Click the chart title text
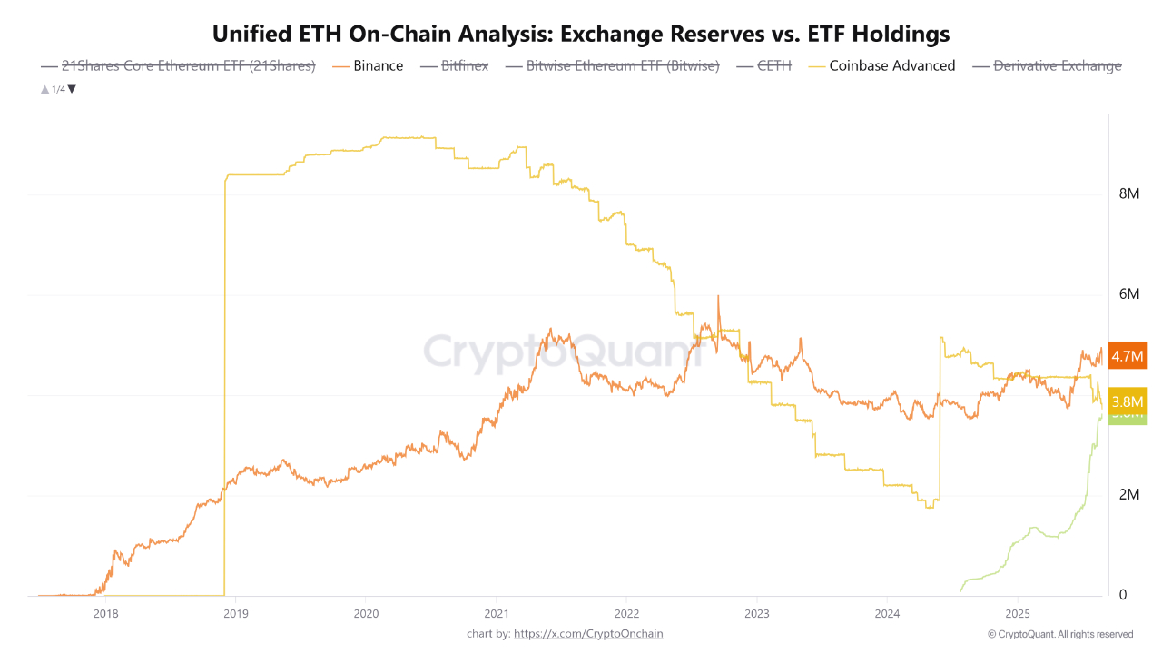(x=581, y=35)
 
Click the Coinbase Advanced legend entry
(x=891, y=65)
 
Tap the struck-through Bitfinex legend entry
(x=465, y=65)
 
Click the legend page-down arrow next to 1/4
(x=73, y=89)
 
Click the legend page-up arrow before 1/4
(x=44, y=89)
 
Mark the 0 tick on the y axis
(x=1123, y=595)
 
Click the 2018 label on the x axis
(x=105, y=613)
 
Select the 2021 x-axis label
(x=496, y=613)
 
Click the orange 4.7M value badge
(x=1128, y=356)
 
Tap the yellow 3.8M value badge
(x=1128, y=401)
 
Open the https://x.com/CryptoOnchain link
(x=588, y=634)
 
